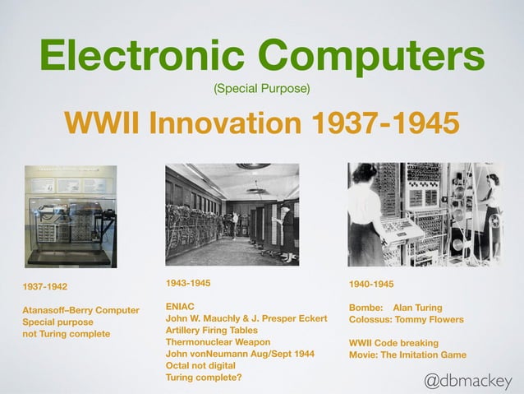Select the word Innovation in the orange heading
(x=218, y=123)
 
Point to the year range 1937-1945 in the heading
(x=384, y=123)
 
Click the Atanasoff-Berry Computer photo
(x=71, y=216)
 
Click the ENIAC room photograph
(x=232, y=214)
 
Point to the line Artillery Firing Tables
(x=212, y=330)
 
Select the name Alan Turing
(x=424, y=308)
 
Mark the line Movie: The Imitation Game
(x=407, y=355)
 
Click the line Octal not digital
(x=200, y=365)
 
